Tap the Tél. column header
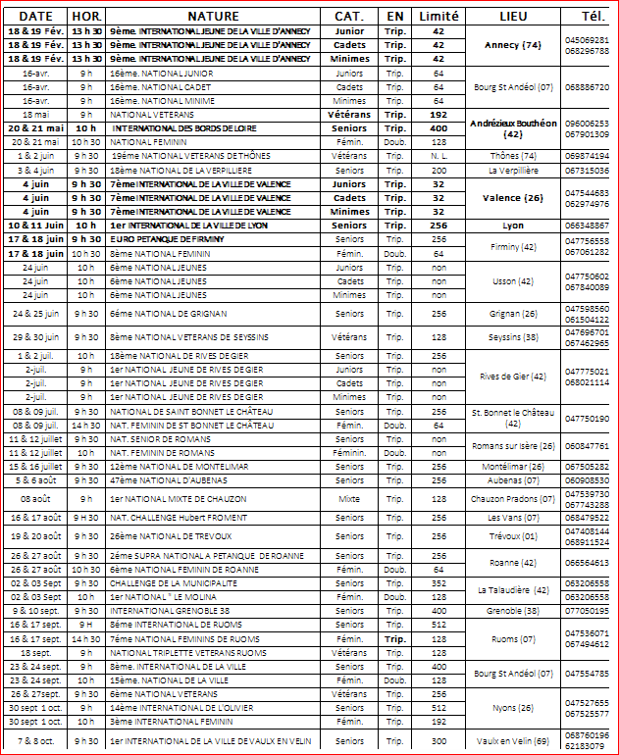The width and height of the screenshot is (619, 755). pyautogui.click(x=593, y=17)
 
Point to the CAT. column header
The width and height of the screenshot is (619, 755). pyautogui.click(x=349, y=17)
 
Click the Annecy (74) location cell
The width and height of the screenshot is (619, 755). pyautogui.click(x=513, y=45)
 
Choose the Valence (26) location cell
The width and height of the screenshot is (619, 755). pyautogui.click(x=513, y=197)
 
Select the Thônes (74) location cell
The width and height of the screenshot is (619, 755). pyautogui.click(x=513, y=156)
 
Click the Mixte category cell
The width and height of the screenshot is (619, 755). pyautogui.click(x=349, y=499)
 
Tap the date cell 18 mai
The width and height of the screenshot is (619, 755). pyautogui.click(x=35, y=115)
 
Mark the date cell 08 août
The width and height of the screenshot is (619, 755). pyautogui.click(x=35, y=499)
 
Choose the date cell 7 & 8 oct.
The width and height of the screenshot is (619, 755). pyautogui.click(x=35, y=741)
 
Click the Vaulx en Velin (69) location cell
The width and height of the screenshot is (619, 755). pyautogui.click(x=513, y=741)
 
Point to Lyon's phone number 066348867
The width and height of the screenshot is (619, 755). pyautogui.click(x=593, y=226)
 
